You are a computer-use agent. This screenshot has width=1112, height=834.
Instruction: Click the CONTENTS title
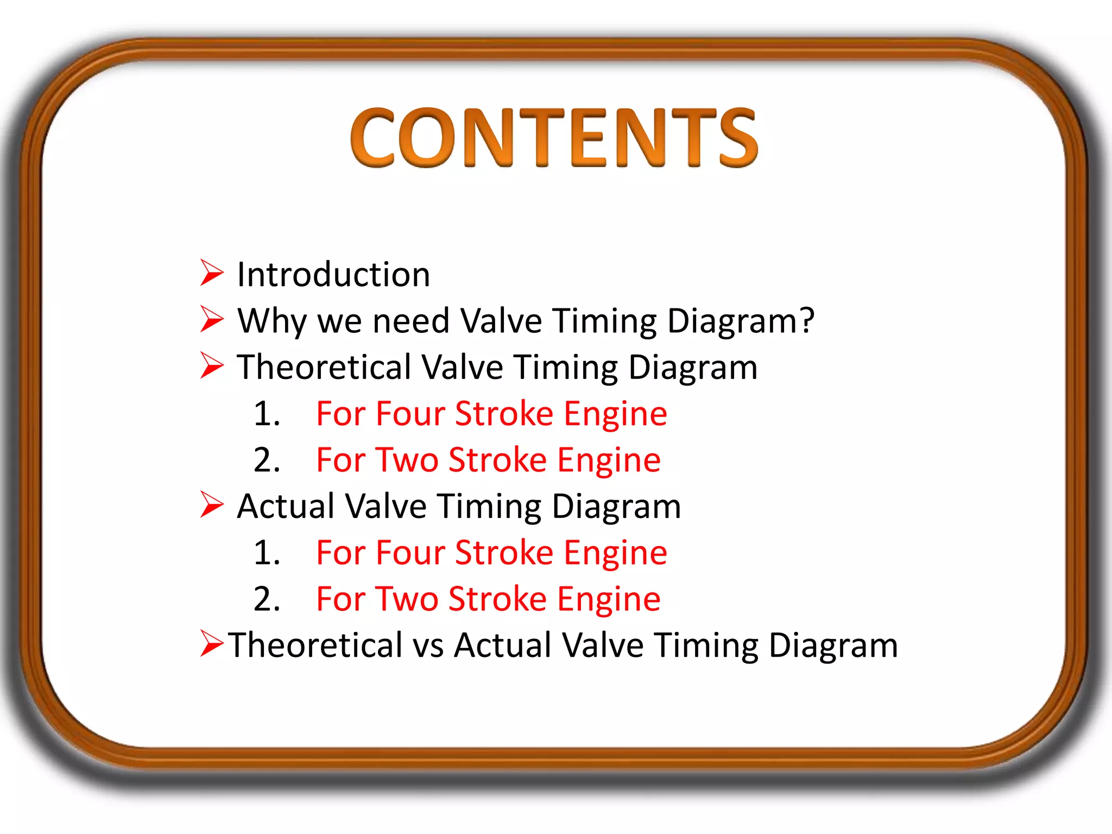click(554, 137)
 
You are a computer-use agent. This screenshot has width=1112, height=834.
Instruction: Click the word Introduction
click(333, 274)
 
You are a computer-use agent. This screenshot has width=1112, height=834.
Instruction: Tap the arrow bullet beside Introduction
click(211, 273)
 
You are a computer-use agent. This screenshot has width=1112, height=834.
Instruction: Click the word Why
click(271, 321)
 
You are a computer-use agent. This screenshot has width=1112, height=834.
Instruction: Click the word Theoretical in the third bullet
click(324, 367)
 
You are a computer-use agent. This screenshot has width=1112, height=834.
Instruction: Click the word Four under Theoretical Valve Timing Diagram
click(410, 414)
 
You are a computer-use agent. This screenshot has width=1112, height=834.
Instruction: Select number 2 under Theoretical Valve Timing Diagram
click(266, 460)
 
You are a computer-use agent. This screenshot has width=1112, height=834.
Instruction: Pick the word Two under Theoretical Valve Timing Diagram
click(407, 460)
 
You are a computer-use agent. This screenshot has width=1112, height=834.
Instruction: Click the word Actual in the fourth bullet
click(286, 506)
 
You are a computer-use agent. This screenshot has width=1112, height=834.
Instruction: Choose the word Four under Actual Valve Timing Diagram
click(410, 553)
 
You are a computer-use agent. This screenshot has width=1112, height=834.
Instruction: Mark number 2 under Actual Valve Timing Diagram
click(266, 599)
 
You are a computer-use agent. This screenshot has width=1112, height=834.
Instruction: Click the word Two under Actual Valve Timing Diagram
click(407, 599)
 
